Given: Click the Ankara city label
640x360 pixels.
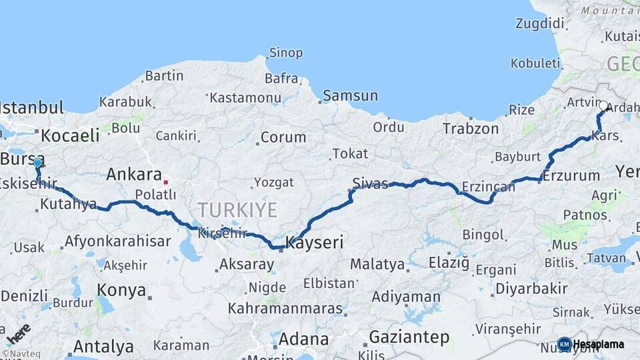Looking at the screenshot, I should (134, 175).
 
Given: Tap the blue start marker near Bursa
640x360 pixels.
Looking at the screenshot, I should (37, 163).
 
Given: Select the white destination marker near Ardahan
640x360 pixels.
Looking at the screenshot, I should (603, 106).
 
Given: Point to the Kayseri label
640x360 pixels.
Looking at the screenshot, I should (315, 243).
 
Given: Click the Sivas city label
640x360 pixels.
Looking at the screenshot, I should (370, 183).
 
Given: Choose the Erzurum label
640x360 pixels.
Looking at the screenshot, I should (571, 176).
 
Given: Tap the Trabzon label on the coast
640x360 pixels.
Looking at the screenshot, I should (471, 129).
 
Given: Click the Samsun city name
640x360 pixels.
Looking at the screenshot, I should (350, 96).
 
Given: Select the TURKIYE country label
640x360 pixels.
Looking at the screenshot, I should (237, 211).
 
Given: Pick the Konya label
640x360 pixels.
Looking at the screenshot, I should (121, 290).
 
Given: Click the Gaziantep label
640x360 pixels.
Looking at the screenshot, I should (409, 337).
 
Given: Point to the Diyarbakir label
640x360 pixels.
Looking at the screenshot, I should (531, 289).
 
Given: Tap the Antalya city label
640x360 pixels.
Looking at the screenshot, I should (103, 347).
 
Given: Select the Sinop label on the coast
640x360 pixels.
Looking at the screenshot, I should (285, 53).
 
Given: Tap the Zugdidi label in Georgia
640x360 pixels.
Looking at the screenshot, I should (539, 23).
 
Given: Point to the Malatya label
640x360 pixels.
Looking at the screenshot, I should (377, 264).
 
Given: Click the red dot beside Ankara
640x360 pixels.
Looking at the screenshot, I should (166, 181).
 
